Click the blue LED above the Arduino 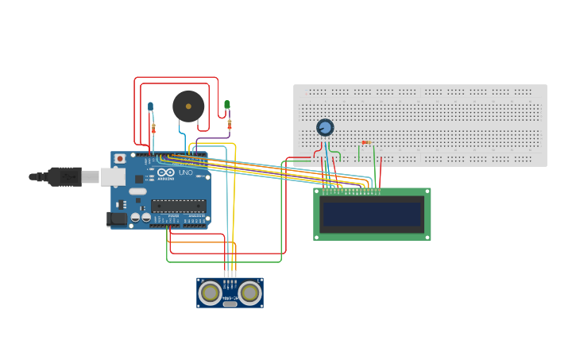(150, 106)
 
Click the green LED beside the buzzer (227, 104)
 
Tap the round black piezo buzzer (188, 106)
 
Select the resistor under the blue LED (153, 127)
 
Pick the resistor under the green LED (230, 124)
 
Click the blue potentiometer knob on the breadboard (324, 127)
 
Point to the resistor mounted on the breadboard (365, 143)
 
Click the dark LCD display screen (372, 214)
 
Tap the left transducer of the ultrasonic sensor (210, 293)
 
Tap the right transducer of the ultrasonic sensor (249, 293)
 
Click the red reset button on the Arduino (120, 159)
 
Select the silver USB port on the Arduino (112, 176)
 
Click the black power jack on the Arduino (116, 219)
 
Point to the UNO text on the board (185, 172)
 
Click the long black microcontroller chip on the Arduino (179, 206)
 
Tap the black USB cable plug (64, 176)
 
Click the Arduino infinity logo (165, 172)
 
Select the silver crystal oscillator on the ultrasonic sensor (230, 304)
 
